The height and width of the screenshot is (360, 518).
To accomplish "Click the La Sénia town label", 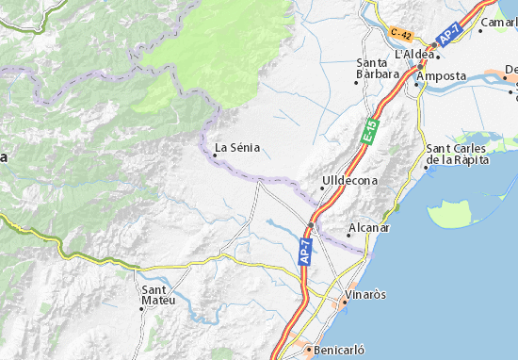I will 237,147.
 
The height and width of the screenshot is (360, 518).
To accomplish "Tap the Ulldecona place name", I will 349,179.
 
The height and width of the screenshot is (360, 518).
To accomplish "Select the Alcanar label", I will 368,228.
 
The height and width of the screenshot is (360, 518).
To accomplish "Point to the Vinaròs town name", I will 365,295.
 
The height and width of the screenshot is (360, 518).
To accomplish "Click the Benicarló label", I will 337,350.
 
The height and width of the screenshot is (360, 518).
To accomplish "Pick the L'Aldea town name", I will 414,54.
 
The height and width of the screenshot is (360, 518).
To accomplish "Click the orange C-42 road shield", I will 401,34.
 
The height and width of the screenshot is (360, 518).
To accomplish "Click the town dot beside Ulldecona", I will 323,188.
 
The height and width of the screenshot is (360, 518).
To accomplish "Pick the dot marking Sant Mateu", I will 142,308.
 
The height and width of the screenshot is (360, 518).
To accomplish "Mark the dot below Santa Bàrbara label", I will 357,83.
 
